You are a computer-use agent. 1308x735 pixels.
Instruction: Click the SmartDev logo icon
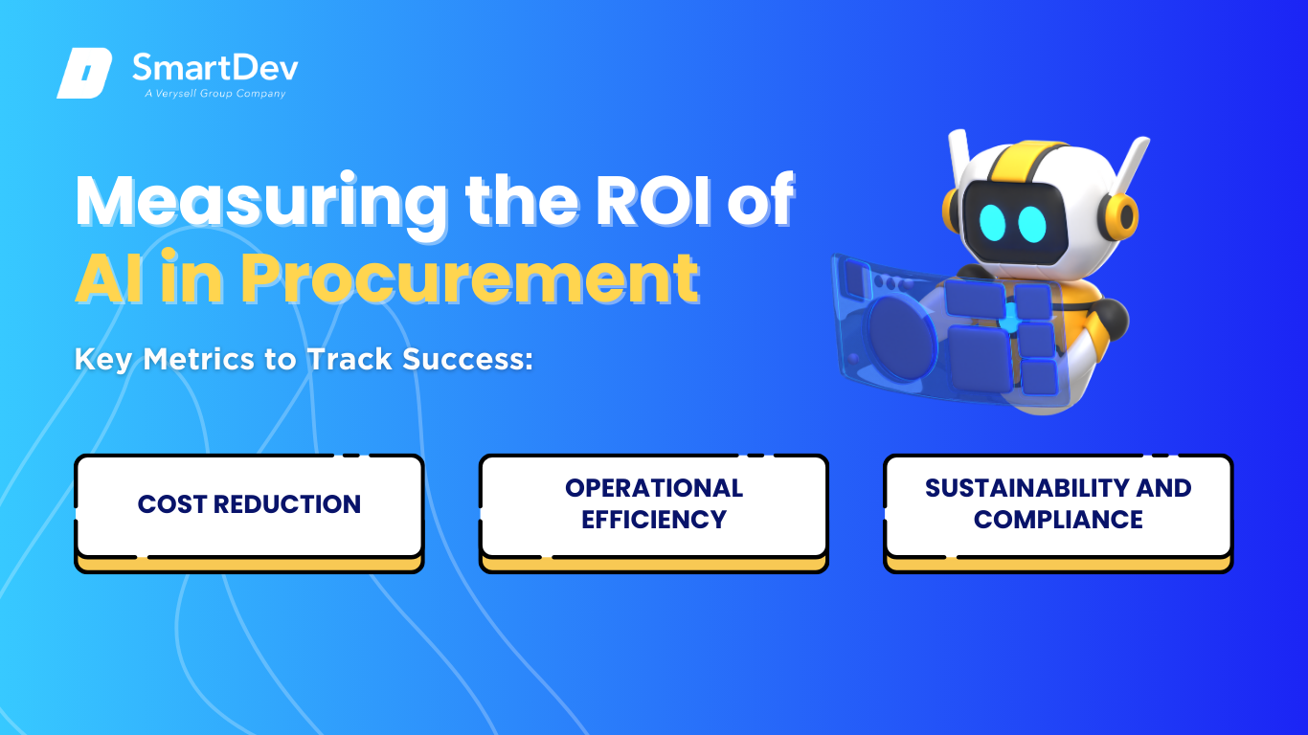pos(84,73)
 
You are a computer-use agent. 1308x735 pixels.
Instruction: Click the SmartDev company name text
pos(215,68)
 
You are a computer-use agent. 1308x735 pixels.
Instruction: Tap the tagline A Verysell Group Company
pos(215,94)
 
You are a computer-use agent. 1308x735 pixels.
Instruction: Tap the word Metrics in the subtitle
pos(198,359)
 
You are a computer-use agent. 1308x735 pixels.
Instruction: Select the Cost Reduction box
pos(249,513)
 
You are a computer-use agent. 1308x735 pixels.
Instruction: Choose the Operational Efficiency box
pos(654,513)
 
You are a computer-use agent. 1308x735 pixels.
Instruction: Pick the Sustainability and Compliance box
pos(1058,513)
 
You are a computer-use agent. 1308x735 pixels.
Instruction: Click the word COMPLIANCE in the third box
pos(1058,520)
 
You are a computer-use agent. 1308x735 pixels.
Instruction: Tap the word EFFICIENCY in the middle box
pos(654,520)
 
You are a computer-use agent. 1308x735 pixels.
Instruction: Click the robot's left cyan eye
pos(992,222)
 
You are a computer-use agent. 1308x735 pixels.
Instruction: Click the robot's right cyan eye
pos(1032,224)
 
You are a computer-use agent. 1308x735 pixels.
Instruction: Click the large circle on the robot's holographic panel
pos(901,339)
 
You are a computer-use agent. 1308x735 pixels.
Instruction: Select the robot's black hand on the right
pos(1110,321)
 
